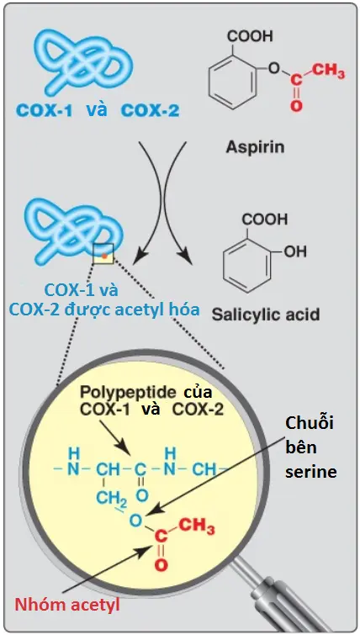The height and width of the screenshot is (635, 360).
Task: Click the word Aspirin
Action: click(x=255, y=147)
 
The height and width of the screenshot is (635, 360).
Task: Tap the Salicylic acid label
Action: click(x=266, y=315)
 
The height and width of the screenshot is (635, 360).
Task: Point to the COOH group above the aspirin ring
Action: click(x=251, y=37)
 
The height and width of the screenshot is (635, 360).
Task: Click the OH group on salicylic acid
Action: click(x=294, y=251)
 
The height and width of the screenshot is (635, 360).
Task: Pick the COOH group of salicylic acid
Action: click(x=265, y=220)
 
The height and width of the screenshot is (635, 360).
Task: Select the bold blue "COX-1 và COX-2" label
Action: click(x=98, y=110)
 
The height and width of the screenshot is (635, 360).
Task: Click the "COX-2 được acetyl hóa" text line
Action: click(x=104, y=310)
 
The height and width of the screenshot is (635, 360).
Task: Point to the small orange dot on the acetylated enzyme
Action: click(x=104, y=256)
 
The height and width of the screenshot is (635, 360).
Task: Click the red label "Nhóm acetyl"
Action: click(x=67, y=605)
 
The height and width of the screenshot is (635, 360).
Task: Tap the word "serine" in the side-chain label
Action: click(x=311, y=471)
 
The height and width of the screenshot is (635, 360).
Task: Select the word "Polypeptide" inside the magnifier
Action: click(x=128, y=392)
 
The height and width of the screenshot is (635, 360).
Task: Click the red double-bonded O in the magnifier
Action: click(x=161, y=565)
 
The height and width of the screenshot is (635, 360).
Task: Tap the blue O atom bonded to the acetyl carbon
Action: click(x=136, y=521)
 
